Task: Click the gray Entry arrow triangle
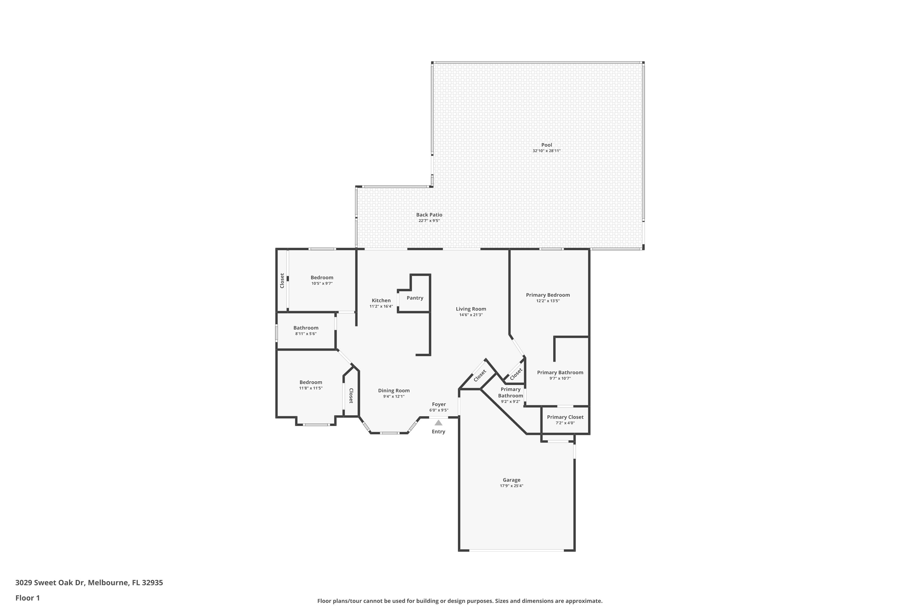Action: click(x=439, y=423)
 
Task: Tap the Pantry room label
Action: click(x=415, y=298)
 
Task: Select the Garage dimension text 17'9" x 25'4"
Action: click(x=511, y=486)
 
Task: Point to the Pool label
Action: click(x=546, y=145)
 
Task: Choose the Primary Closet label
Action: click(x=565, y=417)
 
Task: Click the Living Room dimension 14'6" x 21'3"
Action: click(x=471, y=315)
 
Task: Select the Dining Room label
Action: click(x=393, y=390)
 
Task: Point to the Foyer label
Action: click(x=439, y=405)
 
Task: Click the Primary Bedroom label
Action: click(x=548, y=295)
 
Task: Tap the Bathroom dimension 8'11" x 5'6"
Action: click(x=305, y=334)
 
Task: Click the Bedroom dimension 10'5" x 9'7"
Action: click(x=322, y=284)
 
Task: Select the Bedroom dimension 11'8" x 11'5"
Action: click(x=311, y=388)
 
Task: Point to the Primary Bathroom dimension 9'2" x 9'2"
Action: click(x=511, y=402)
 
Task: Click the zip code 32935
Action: click(x=152, y=583)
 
